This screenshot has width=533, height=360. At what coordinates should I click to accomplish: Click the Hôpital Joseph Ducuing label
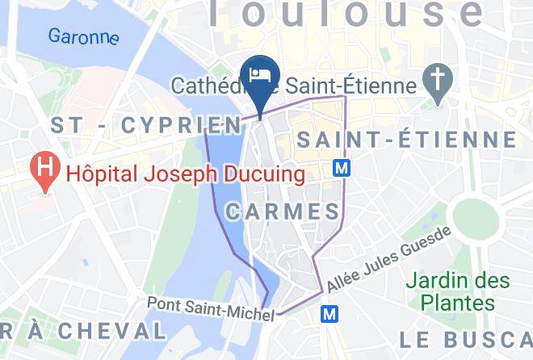[x=185, y=174]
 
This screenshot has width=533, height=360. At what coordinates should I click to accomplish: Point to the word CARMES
[x=282, y=212]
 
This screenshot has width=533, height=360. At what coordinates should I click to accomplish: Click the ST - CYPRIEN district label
[x=146, y=125]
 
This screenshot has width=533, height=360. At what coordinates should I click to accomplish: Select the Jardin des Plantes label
[x=458, y=291]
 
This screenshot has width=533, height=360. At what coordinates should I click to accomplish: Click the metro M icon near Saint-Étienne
[x=342, y=168]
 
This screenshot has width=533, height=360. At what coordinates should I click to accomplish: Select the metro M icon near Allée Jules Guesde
[x=329, y=312]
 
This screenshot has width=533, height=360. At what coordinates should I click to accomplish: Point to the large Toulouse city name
[x=347, y=14]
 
